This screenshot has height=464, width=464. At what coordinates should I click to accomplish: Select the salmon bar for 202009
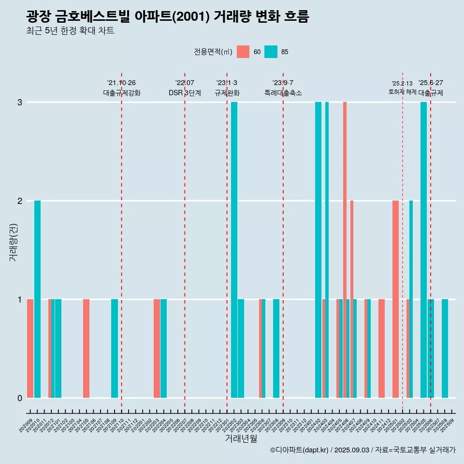(x=30, y=348)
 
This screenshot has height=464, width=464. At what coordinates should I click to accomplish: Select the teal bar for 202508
(x=445, y=348)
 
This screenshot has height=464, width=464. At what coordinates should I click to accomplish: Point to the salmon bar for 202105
(x=86, y=348)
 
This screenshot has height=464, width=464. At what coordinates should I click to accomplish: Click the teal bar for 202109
(x=115, y=348)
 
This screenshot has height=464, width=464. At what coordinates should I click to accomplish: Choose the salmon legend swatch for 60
(x=243, y=52)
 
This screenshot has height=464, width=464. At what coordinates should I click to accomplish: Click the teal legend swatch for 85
(x=271, y=52)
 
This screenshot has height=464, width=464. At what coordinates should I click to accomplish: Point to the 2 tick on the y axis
(x=20, y=201)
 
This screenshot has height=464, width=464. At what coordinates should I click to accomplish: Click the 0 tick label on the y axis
(x=20, y=398)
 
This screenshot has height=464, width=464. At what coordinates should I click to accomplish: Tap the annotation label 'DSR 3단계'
(x=185, y=93)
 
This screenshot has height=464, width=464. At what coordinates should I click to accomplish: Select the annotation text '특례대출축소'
(x=283, y=93)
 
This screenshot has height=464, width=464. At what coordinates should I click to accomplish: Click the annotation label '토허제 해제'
(x=402, y=91)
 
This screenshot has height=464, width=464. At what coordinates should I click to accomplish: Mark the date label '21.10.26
(x=121, y=83)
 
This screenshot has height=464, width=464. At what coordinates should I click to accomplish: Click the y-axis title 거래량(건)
(x=13, y=242)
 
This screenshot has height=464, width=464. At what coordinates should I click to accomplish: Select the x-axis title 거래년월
(x=241, y=438)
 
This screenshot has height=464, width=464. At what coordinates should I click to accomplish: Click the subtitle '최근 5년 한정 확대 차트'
(x=70, y=31)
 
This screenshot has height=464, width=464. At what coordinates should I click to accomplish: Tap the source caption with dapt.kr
(x=362, y=450)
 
